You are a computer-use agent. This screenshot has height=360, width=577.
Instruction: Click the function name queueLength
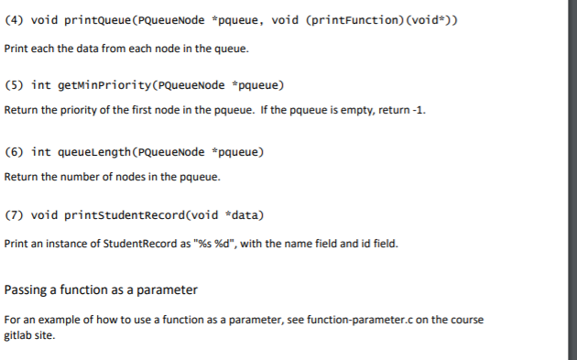[x=96, y=150]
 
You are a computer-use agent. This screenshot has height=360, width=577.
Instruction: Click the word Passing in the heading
[x=27, y=290]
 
